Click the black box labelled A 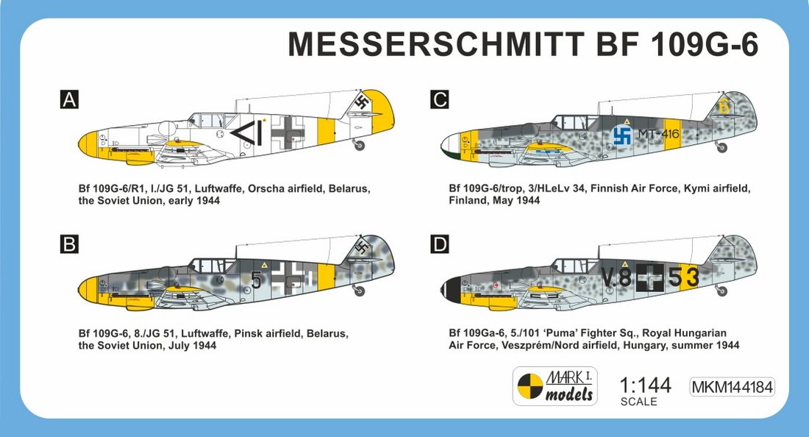click(69, 99)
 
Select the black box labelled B click(69, 244)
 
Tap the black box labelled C click(440, 99)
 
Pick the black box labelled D click(440, 244)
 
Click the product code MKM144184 click(732, 387)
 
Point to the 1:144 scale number click(645, 386)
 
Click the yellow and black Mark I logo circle click(530, 386)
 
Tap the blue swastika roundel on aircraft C click(622, 135)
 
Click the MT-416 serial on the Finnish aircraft click(659, 134)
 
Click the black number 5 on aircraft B click(257, 279)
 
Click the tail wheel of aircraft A click(359, 146)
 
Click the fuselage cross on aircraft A click(288, 132)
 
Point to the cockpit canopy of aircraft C click(573, 122)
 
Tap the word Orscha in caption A click(266, 188)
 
